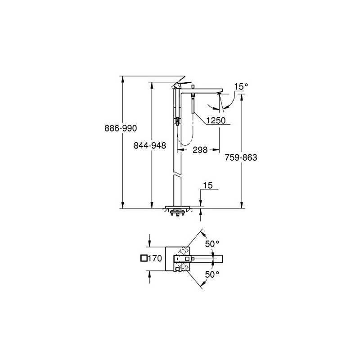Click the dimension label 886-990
coord(121,128)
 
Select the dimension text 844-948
coord(150,145)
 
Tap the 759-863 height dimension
coord(241,157)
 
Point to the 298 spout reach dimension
coord(200,150)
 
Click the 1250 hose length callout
coord(216,120)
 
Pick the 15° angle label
coord(241,87)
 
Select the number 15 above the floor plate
coord(208,185)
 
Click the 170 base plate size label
coord(155,258)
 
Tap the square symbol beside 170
coord(144,258)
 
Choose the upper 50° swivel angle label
coord(212,244)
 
